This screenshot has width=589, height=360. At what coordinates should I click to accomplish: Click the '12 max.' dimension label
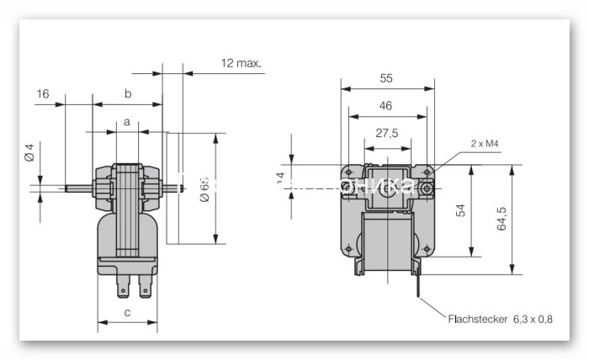click(x=241, y=63)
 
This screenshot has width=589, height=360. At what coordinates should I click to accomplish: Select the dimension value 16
click(x=43, y=93)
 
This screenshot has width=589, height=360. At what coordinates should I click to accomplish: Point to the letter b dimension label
click(x=128, y=93)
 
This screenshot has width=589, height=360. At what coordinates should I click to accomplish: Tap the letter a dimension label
click(x=127, y=122)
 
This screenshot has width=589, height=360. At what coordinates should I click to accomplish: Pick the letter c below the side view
click(x=127, y=313)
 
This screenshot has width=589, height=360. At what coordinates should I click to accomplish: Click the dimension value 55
click(x=386, y=78)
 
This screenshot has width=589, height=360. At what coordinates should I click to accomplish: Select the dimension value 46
click(x=386, y=107)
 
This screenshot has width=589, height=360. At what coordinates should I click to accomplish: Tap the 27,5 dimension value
click(x=386, y=134)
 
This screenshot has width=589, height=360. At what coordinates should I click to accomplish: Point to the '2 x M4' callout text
click(x=486, y=144)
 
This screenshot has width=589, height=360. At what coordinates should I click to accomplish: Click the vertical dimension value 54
click(x=461, y=210)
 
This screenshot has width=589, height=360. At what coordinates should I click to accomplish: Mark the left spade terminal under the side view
click(x=123, y=289)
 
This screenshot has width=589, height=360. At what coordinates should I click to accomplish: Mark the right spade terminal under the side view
click(x=146, y=289)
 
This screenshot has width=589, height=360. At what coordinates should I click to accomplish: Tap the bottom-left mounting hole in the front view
click(x=346, y=247)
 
